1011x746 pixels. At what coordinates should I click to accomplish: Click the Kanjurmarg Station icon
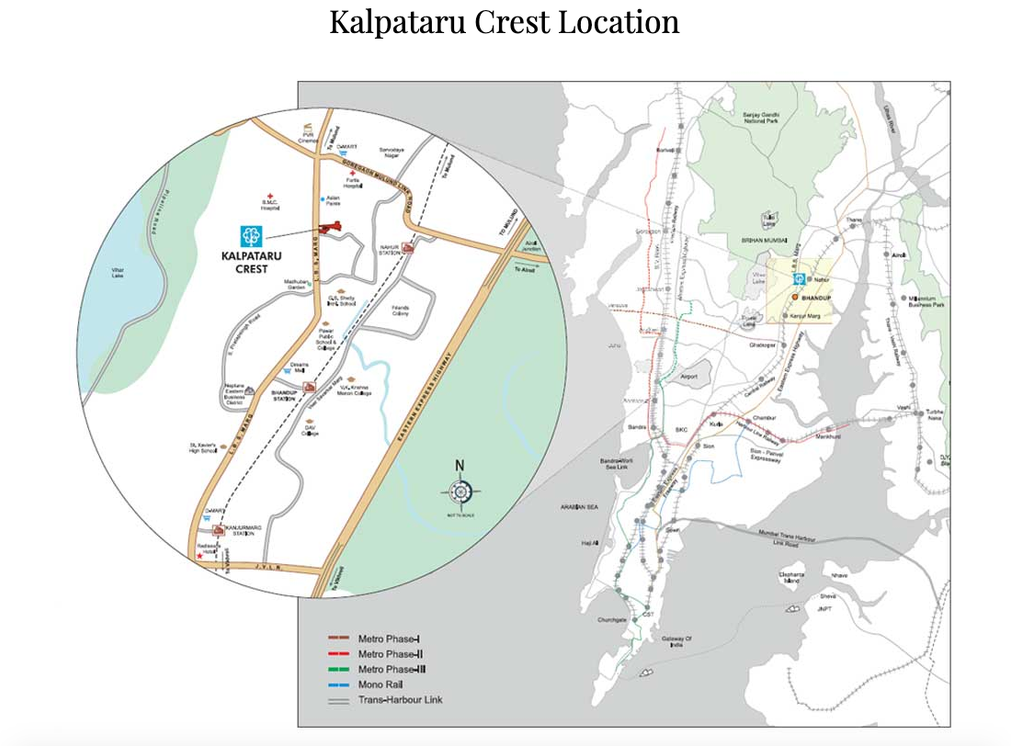click(x=218, y=530)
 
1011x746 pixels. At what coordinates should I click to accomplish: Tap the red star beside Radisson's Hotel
click(x=199, y=556)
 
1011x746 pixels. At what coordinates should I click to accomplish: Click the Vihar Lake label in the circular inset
click(x=117, y=273)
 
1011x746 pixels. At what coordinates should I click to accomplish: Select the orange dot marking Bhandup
click(x=794, y=298)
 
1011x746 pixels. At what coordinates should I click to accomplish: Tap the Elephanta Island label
click(x=792, y=578)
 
